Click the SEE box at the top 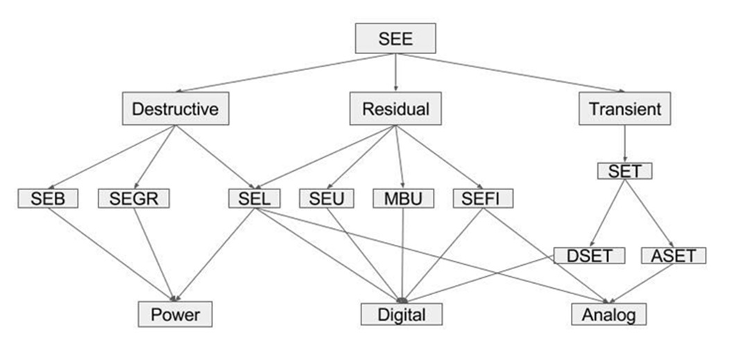click(395, 39)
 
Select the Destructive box click(175, 109)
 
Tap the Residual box click(395, 109)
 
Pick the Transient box click(624, 109)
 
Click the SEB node click(47, 199)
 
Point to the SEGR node click(134, 199)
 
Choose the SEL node click(254, 199)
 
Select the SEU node click(327, 199)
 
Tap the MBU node click(403, 199)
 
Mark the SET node click(624, 171)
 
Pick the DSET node click(589, 255)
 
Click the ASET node click(673, 255)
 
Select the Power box click(175, 315)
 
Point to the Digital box click(402, 315)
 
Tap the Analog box click(609, 315)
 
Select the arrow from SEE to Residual click(395, 73)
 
